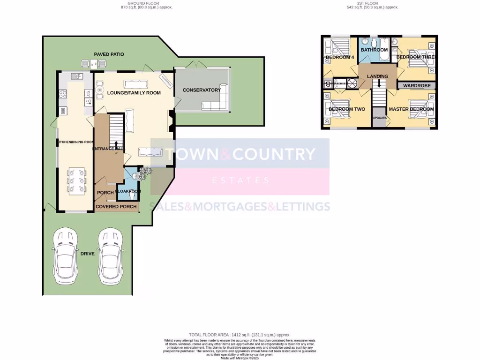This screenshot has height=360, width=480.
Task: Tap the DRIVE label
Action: point(87,254)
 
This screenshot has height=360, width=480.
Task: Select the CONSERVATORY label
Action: point(202,90)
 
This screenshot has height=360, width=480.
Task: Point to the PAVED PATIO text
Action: point(109,54)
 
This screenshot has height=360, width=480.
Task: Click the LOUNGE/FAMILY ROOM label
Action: point(134,93)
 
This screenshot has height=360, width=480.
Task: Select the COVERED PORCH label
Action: point(116,207)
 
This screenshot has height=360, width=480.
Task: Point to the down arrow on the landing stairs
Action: point(379,84)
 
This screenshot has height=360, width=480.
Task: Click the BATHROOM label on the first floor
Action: point(374,50)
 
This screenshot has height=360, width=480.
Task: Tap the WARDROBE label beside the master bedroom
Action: point(417,86)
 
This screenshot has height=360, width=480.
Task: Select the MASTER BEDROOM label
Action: point(411,109)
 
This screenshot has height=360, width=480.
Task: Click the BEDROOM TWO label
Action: point(347,109)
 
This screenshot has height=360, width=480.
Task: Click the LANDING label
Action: point(377,76)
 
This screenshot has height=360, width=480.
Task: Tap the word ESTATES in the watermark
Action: point(240,180)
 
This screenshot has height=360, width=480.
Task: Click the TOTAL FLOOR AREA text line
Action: point(240,335)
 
